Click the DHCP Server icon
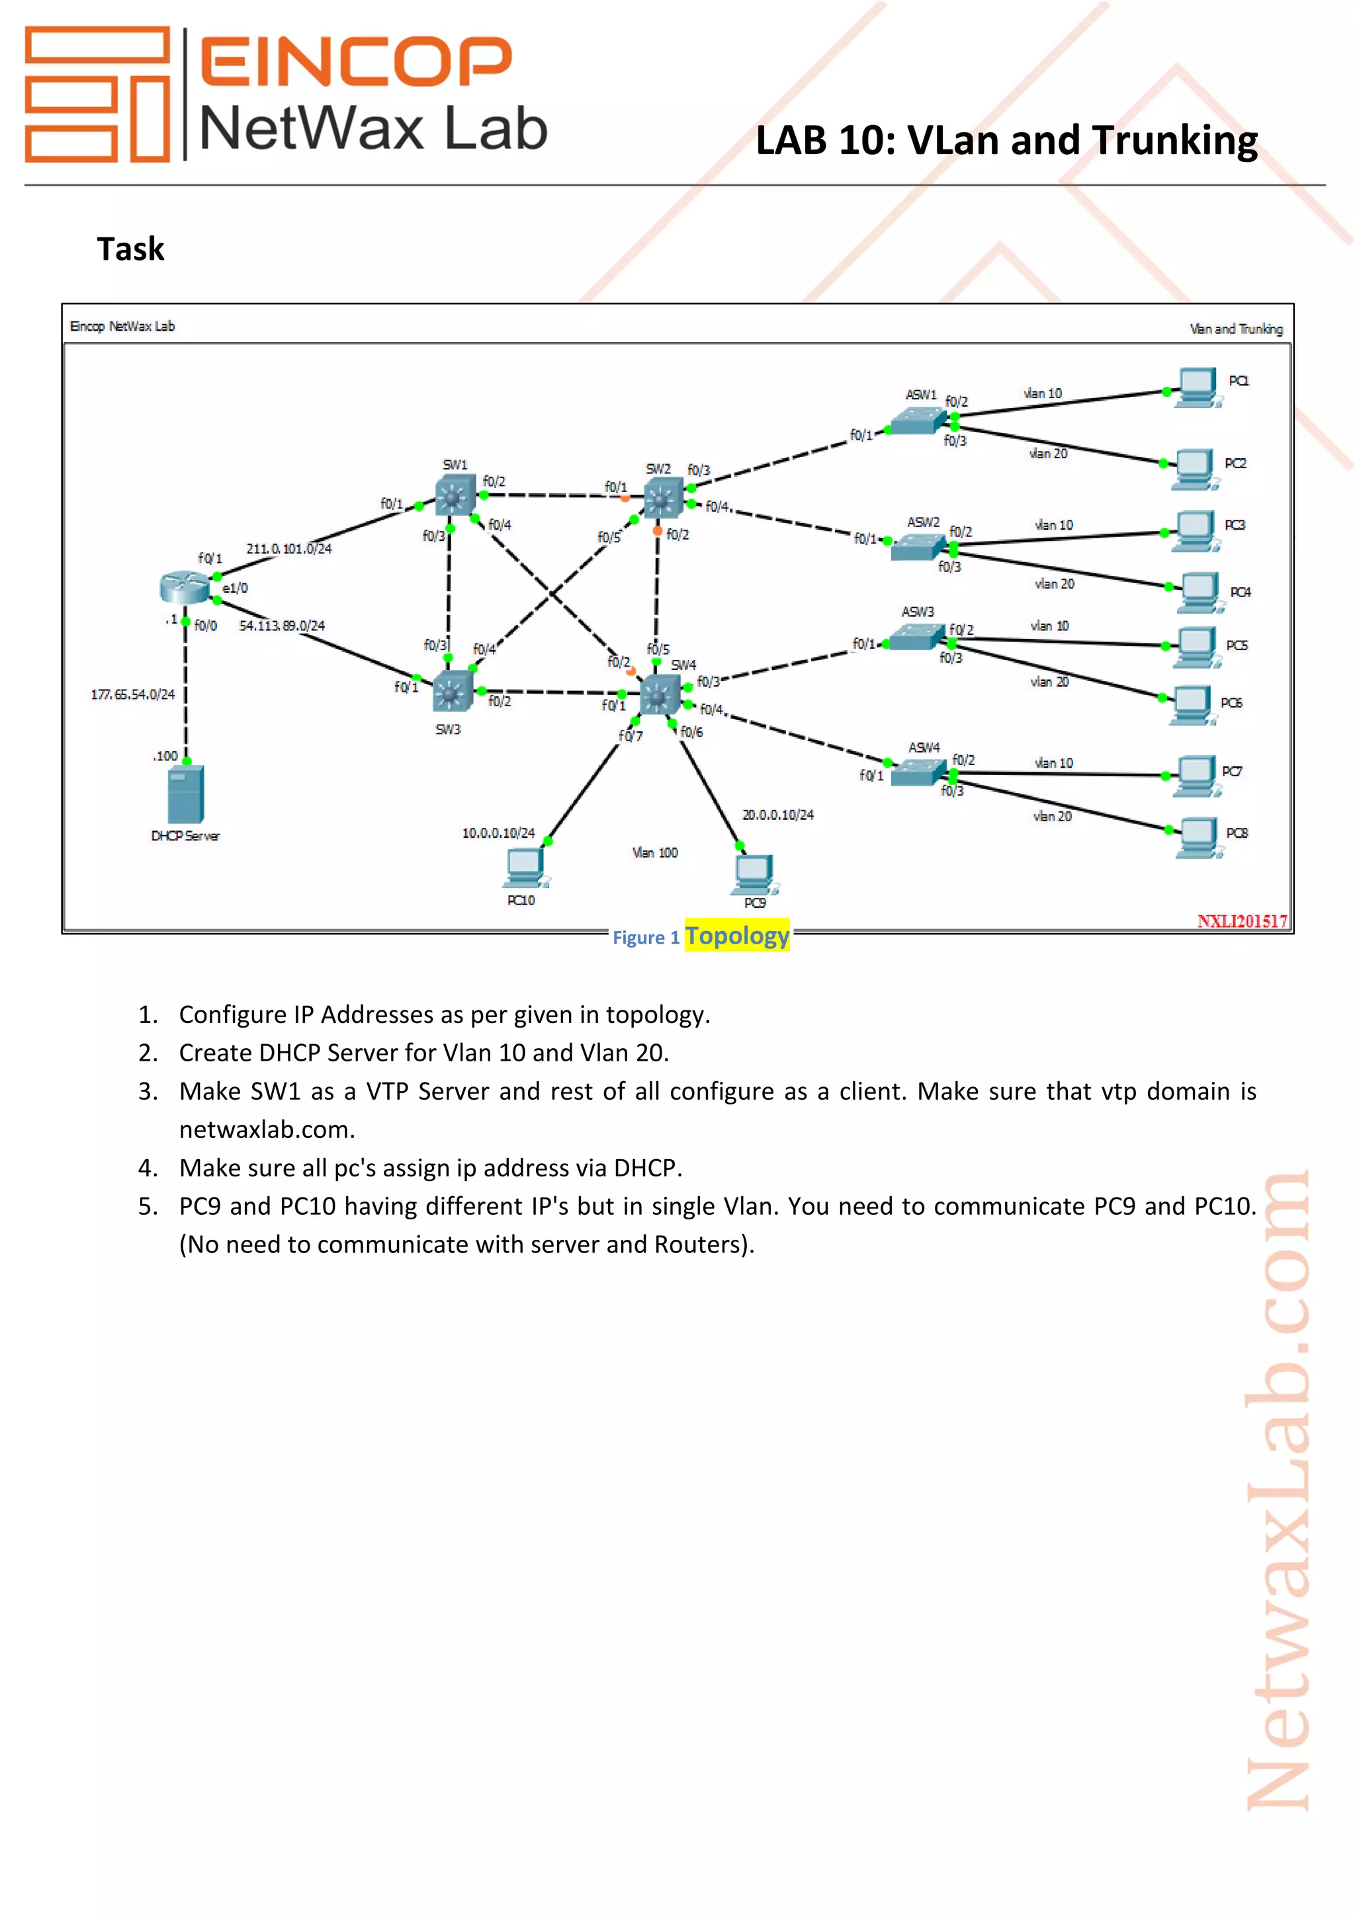coord(185,795)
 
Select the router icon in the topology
coord(185,588)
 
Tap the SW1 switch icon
coord(455,496)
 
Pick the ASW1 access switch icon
coord(918,421)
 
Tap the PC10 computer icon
coord(524,869)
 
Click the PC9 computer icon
coord(754,874)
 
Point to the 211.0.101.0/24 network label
coord(288,549)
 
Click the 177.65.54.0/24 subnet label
coord(133,694)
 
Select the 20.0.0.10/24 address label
coord(777,815)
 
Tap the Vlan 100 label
coord(655,852)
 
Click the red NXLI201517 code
coord(1241,921)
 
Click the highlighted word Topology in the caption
coord(737,936)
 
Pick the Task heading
coord(131,249)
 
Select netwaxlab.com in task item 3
coord(267,1129)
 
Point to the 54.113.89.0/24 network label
coord(282,626)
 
